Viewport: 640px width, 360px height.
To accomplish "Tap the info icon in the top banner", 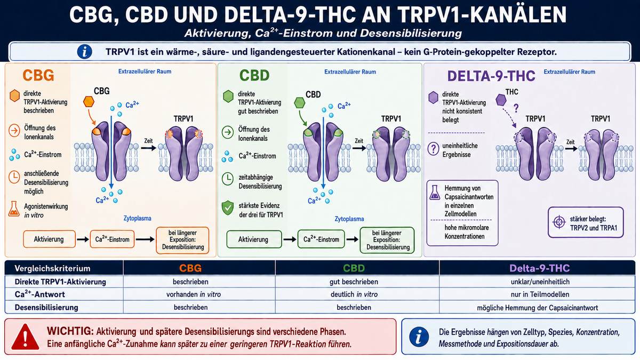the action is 85,52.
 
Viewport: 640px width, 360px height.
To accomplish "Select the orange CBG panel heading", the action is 38,75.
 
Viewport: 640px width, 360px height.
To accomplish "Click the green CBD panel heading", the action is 254,75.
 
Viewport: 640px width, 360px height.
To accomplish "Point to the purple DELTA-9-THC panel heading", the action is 491,76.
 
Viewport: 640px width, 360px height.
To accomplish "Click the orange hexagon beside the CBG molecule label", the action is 89,102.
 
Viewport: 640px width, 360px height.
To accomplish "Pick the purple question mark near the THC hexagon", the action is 516,108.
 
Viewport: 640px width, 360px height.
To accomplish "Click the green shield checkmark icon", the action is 228,208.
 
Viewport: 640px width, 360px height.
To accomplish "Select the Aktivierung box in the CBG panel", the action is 49,239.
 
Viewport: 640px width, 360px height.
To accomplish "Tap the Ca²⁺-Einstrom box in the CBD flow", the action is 321,239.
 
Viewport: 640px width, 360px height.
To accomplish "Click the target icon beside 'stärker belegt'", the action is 559,222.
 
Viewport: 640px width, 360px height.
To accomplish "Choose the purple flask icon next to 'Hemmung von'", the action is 435,193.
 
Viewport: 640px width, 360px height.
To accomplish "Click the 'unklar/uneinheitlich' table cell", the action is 540,282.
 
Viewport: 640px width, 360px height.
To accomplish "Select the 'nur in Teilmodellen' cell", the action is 540,294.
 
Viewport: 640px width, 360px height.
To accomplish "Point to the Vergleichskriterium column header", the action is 52,268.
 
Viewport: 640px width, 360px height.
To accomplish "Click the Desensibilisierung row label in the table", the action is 46,307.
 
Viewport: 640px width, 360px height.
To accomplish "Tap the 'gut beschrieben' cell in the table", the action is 354,282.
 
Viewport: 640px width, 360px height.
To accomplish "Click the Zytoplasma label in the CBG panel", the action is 138,218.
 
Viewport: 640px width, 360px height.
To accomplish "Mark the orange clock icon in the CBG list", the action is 14,177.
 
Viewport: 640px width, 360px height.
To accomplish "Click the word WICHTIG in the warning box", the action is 70,331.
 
